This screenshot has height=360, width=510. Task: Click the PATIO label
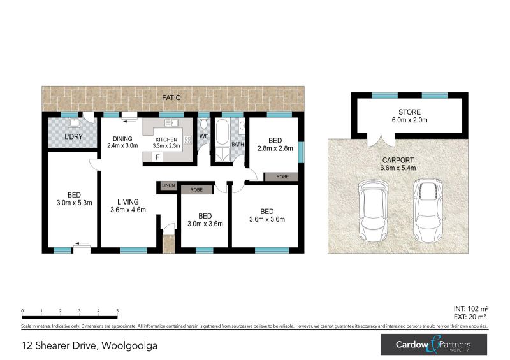point(171,97)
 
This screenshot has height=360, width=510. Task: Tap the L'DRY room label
point(73,136)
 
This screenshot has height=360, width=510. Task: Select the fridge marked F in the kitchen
point(157,157)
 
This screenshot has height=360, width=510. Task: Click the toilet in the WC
point(204,124)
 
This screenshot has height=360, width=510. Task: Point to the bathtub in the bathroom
point(222,132)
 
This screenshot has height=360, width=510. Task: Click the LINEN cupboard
point(168,185)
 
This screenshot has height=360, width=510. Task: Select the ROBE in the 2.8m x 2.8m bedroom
point(282,176)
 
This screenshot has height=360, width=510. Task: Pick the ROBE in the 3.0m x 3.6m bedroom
point(196,190)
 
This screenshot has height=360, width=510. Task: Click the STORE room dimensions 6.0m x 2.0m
point(409,120)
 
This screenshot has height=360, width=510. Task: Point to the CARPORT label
point(398,161)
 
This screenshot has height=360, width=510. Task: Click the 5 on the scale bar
point(117,310)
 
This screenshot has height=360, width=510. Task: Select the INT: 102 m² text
point(471,309)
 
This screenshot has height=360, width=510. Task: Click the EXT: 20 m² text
point(470,317)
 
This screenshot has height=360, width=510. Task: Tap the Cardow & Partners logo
point(434,345)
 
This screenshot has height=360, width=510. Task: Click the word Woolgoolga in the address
point(129,345)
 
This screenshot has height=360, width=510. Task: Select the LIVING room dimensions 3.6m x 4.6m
point(128,210)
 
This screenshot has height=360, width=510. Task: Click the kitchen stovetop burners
point(187,140)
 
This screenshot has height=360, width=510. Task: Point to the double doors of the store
point(381,140)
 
